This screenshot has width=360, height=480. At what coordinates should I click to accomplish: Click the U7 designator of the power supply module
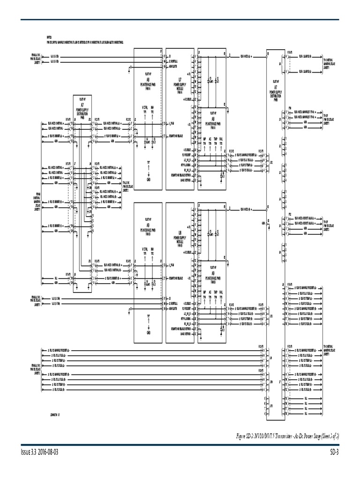[x=180, y=79]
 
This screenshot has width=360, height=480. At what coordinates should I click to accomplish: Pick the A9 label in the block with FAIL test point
[x=213, y=272]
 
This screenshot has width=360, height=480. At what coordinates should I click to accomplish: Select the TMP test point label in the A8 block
[x=215, y=139]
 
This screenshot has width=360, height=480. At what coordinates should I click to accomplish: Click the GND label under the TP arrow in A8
[x=149, y=180]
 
